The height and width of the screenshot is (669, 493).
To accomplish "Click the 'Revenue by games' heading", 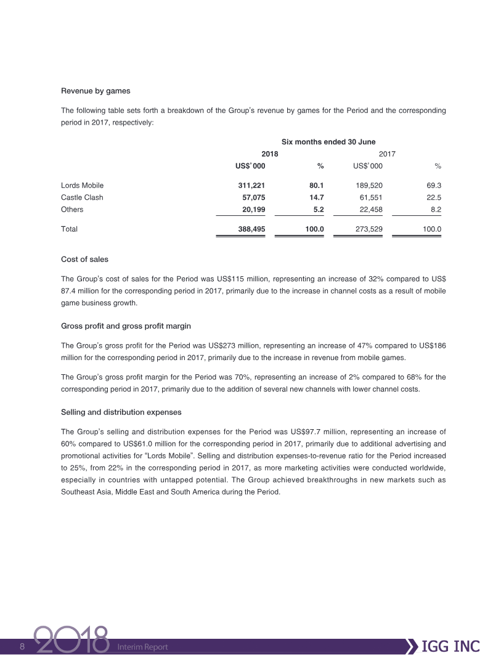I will pyautogui.click(x=96, y=91).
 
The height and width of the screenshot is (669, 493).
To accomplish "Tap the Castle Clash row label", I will pyautogui.click(x=82, y=197).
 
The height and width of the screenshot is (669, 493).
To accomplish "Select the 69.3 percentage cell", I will pyautogui.click(x=434, y=185).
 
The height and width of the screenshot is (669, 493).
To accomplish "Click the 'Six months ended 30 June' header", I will pyautogui.click(x=328, y=142).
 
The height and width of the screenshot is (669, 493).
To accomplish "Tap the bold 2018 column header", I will pyautogui.click(x=270, y=154).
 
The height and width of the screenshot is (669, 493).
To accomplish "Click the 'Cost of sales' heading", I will pyautogui.click(x=84, y=259).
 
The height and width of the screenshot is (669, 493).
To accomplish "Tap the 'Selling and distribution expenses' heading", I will pyautogui.click(x=121, y=411).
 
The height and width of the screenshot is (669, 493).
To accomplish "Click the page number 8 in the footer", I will pyautogui.click(x=22, y=647).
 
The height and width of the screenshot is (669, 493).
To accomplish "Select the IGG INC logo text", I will pyautogui.click(x=452, y=646).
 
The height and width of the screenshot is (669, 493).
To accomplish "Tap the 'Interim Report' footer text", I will pyautogui.click(x=143, y=647).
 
